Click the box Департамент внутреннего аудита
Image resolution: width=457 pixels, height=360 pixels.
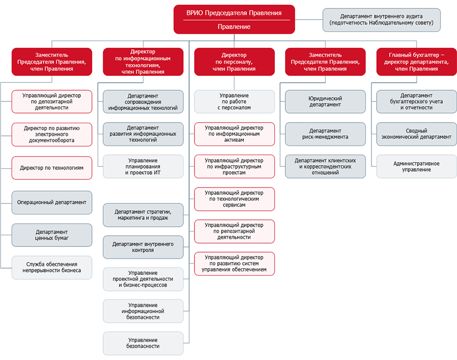pyautogui.click(x=382, y=20)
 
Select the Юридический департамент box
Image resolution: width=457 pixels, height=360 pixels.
pyautogui.click(x=325, y=101)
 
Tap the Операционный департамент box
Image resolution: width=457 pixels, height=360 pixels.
pyautogui.click(x=52, y=202)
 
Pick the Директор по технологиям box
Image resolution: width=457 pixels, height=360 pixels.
pyautogui.click(x=52, y=168)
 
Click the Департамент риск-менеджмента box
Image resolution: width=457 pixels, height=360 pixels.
pyautogui.click(x=325, y=134)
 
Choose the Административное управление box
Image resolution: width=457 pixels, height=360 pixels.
pyautogui.click(x=417, y=167)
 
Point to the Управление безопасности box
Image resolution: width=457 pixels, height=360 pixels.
pyautogui.click(x=143, y=343)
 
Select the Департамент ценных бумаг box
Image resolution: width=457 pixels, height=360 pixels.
pyautogui.click(x=52, y=235)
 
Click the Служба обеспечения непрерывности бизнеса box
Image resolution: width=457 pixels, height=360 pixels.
pyautogui.click(x=52, y=268)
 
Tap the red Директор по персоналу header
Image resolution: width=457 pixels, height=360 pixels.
pyautogui.click(x=234, y=62)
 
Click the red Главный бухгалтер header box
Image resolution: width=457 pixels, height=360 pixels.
pyautogui.click(x=417, y=62)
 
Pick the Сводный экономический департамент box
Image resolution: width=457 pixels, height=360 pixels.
pyautogui.click(x=417, y=134)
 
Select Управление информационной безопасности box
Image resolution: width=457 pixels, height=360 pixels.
pyautogui.click(x=143, y=311)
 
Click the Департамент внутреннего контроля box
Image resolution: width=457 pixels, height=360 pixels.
pyautogui.click(x=143, y=247)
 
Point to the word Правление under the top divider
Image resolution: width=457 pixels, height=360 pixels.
pyautogui.click(x=234, y=27)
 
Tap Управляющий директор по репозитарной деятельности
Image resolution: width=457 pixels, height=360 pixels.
pyautogui.click(x=234, y=232)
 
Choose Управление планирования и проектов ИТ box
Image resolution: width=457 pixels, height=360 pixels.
pyautogui.click(x=143, y=167)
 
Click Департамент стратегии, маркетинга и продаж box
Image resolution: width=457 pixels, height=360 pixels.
pyautogui.click(x=143, y=215)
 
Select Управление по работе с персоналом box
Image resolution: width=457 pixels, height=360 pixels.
pyautogui.click(x=234, y=101)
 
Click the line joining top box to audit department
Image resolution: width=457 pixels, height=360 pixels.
pyautogui.click(x=309, y=20)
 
